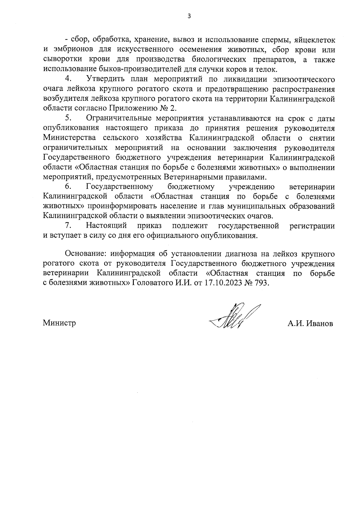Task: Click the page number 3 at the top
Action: pos(189,16)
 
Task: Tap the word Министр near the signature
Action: pos(59,323)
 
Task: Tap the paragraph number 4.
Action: pos(68,79)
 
